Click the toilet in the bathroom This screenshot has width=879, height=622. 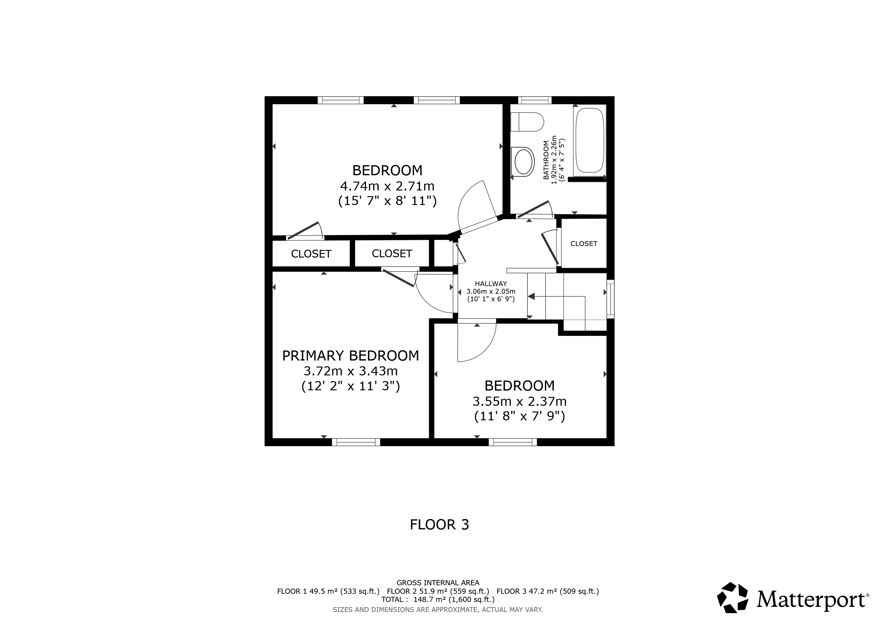pos(527,122)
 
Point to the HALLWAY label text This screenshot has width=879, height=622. pos(491,284)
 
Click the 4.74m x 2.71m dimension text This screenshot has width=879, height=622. pos(387,186)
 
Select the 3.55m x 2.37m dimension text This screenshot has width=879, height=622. pos(520,402)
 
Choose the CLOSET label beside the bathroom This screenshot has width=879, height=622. pos(584,244)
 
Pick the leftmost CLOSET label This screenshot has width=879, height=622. pos(311,254)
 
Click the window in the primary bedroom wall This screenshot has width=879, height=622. pos(356,442)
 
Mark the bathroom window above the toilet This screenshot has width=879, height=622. pos(535,100)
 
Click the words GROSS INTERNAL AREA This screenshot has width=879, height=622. pos(438,583)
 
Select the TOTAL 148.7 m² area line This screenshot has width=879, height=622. pos(438,600)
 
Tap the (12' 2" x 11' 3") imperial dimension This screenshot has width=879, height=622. pos(351,386)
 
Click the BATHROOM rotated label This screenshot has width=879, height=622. pos(546,160)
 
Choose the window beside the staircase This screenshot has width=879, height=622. pos(611,299)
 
